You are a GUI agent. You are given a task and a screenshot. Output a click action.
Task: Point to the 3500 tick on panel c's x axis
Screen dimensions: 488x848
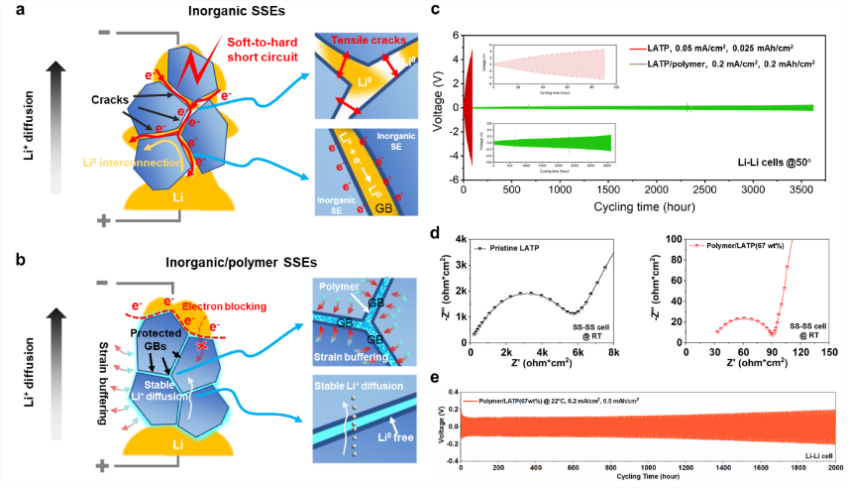pyautogui.click(x=802, y=188)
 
